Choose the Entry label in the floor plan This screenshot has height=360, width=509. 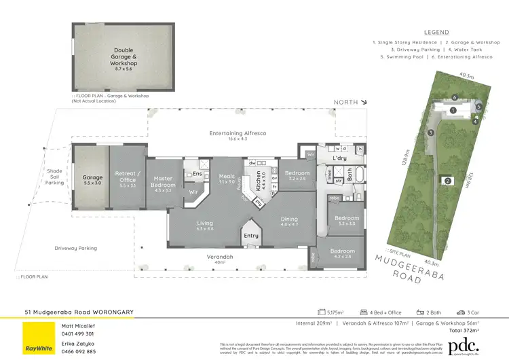click(252, 236)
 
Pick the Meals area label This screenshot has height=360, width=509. click(226, 178)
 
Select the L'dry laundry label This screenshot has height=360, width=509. click(339, 158)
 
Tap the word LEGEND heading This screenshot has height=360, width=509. click(436, 32)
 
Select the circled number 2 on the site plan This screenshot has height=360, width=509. click(447, 181)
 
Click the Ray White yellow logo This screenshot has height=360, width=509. click(39, 338)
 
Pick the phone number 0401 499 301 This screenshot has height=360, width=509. click(78, 334)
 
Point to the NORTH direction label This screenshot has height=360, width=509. click(347, 103)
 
